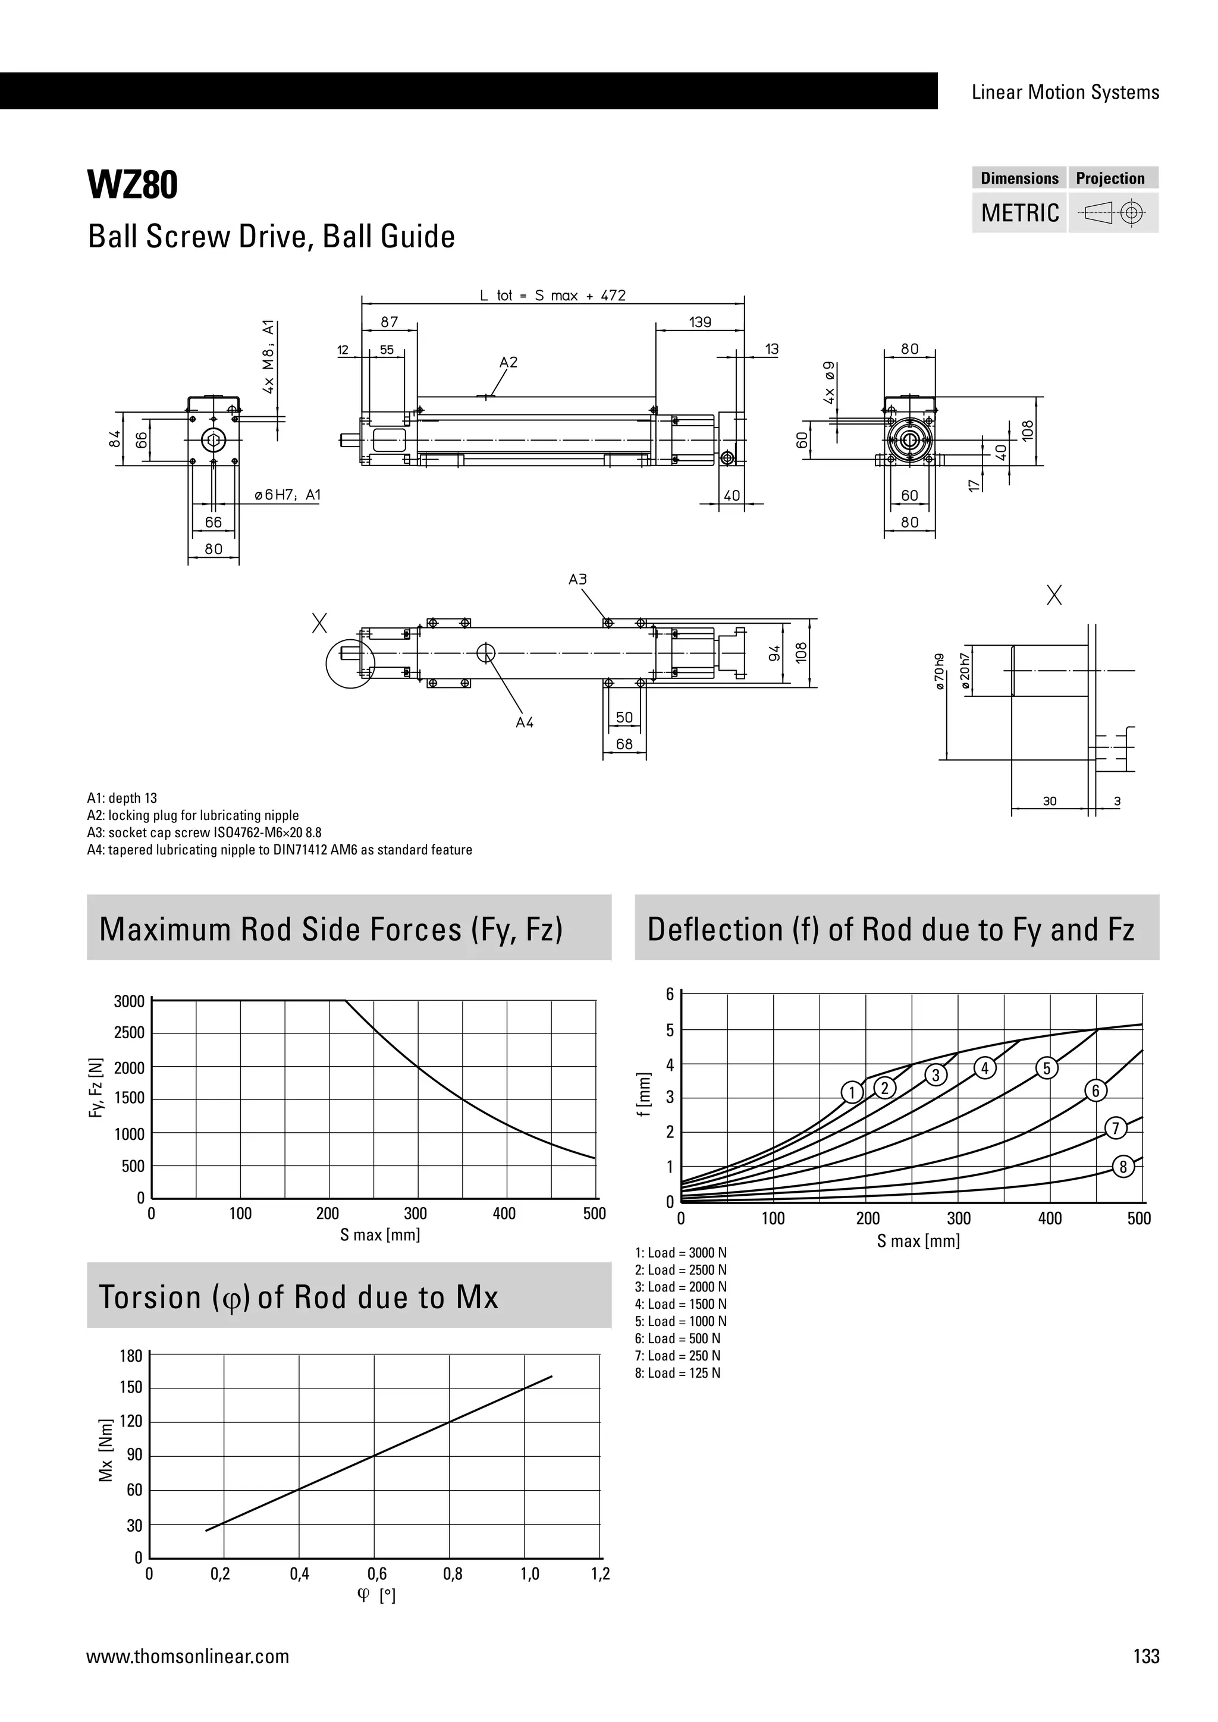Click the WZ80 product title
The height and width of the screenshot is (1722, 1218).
[133, 186]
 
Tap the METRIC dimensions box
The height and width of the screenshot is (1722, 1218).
[1019, 213]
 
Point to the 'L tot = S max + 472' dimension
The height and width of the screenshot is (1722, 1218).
[553, 296]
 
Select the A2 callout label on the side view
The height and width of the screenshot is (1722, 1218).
[508, 362]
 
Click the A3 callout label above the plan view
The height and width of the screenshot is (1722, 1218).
[577, 580]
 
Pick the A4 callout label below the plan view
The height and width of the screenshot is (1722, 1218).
[524, 722]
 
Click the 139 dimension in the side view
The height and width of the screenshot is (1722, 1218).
[700, 322]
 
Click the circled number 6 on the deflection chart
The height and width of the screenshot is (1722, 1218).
[1095, 1091]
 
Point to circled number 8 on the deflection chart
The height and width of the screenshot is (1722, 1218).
[1123, 1167]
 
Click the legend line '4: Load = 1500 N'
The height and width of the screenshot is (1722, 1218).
[680, 1304]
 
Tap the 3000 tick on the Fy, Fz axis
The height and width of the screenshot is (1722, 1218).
[129, 1001]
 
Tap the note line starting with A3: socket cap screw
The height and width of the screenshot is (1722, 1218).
[204, 832]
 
